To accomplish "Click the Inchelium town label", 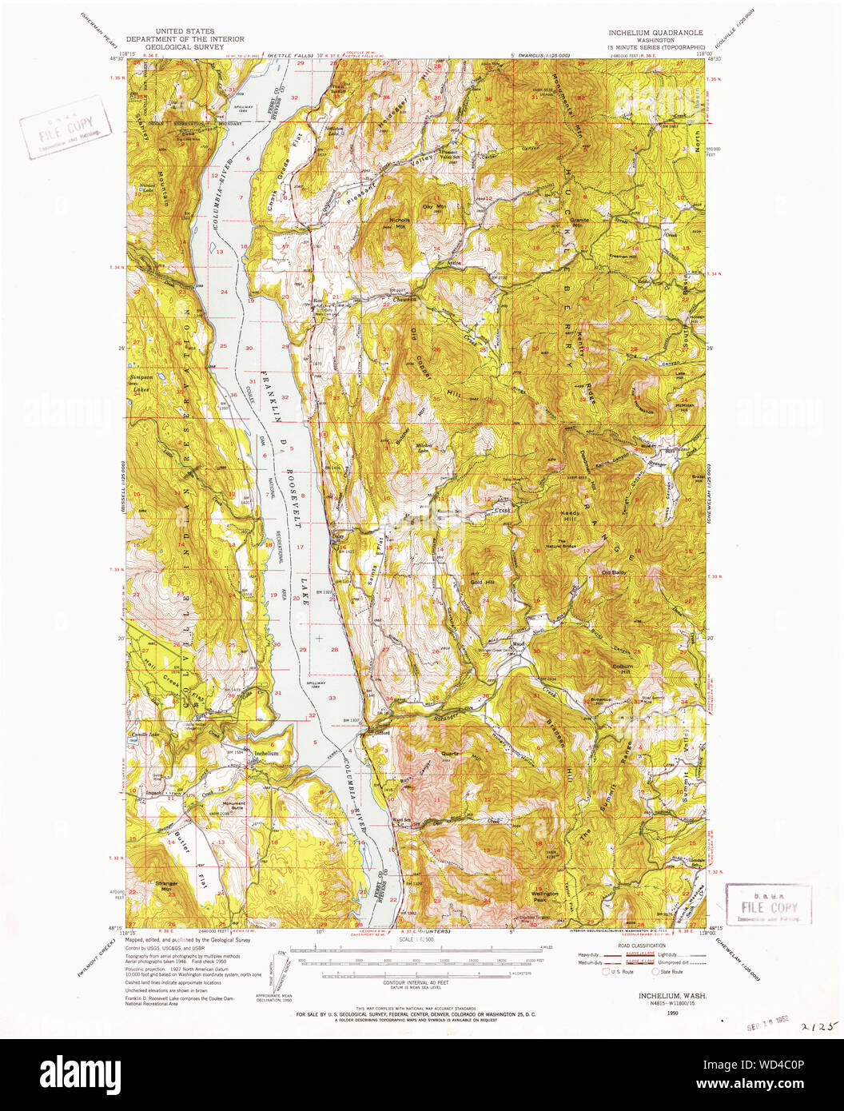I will (x=266, y=753).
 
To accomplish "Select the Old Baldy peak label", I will (x=614, y=571).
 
